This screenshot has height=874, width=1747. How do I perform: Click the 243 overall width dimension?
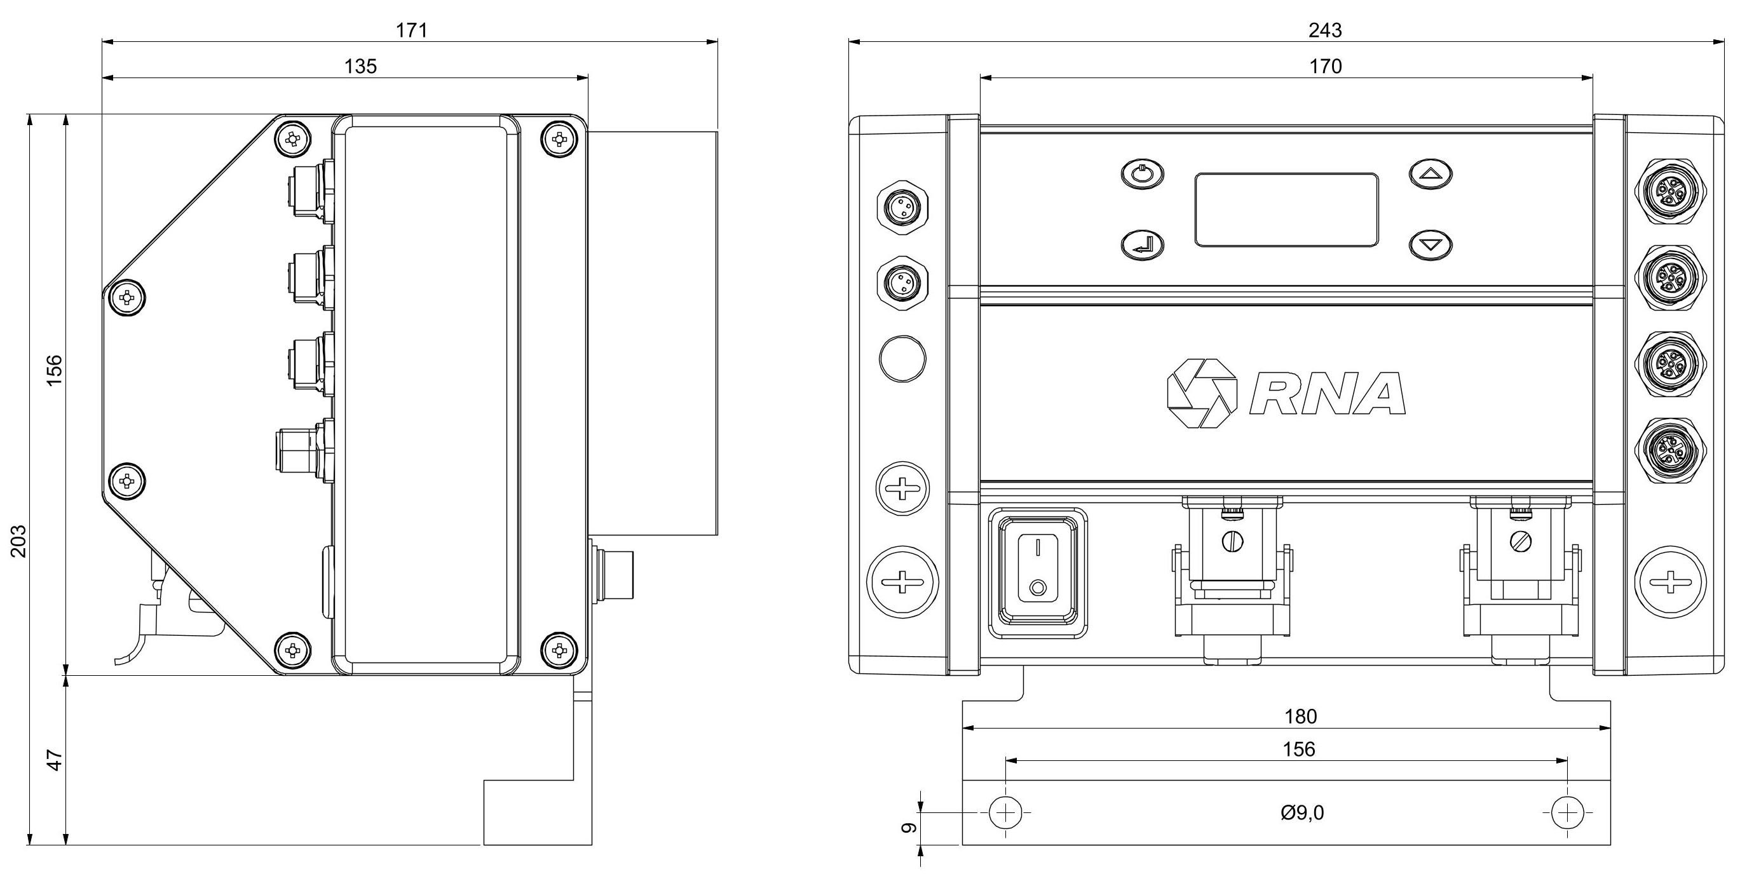click(x=1325, y=30)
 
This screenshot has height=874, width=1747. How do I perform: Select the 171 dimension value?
click(x=412, y=30)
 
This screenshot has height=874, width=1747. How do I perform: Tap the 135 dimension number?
click(x=360, y=67)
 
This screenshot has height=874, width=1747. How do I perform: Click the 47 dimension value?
click(x=54, y=760)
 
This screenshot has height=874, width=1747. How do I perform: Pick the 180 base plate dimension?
click(x=1301, y=716)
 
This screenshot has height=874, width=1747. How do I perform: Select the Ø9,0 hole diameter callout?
click(x=1302, y=812)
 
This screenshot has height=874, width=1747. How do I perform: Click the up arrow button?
click(x=1431, y=173)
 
